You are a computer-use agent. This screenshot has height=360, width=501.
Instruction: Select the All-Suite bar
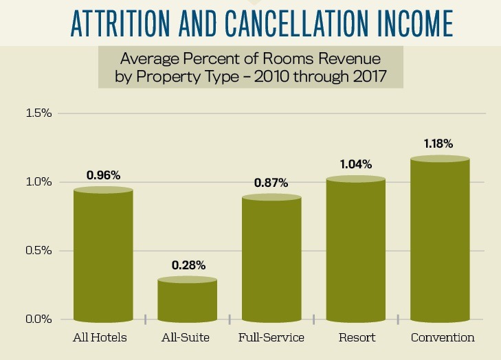coord(188,300)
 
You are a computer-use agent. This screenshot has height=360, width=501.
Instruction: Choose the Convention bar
coord(440,240)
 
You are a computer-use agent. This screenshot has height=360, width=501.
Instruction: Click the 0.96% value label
coord(104,175)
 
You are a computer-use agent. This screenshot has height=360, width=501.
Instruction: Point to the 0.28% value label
coord(188,265)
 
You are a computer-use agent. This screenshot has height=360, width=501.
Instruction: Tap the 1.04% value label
coord(355,164)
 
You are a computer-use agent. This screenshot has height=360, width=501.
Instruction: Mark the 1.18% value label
coord(440,144)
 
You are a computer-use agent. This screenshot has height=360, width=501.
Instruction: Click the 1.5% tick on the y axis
coord(38,113)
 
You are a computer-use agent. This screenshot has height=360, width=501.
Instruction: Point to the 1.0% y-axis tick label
coord(38,182)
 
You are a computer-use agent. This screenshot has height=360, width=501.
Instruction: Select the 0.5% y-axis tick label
coord(38,251)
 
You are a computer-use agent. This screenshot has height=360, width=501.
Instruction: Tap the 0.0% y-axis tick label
coord(38,319)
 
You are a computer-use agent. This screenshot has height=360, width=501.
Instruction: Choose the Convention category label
coord(443,338)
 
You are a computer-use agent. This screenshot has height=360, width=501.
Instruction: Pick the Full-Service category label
coord(271,338)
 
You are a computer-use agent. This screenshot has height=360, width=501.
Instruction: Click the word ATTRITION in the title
coord(110,21)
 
